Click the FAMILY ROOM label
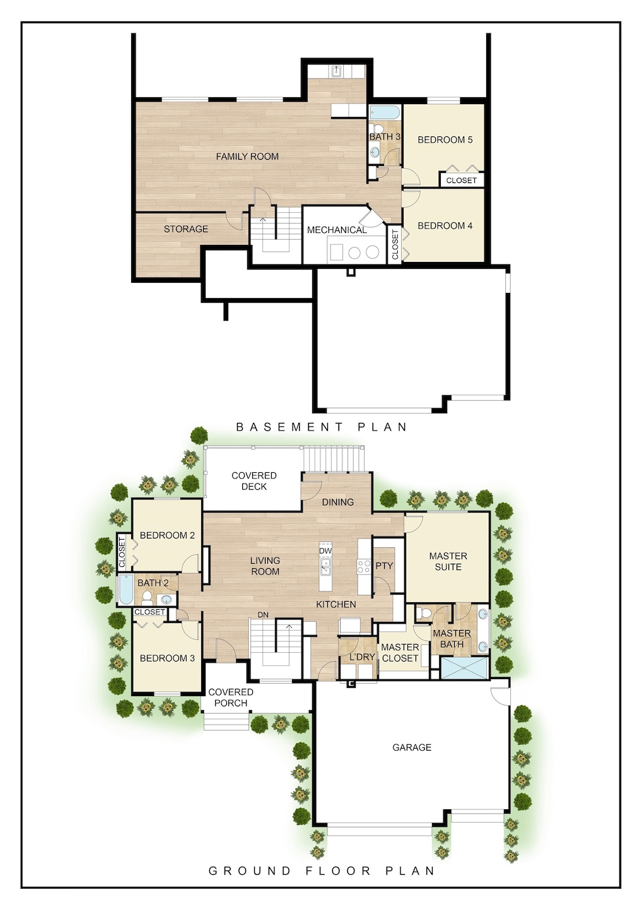247,157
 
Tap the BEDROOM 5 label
445,140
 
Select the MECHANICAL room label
336,230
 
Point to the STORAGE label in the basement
185,229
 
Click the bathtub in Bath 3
385,114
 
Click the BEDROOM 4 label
445,225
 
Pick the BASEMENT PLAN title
322,427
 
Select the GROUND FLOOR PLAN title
322,870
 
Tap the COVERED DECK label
254,481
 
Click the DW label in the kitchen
325,550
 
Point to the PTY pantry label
384,566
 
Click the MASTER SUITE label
448,561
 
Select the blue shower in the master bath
464,668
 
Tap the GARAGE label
412,747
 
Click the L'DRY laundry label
362,657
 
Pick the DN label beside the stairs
263,614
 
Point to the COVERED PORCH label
230,697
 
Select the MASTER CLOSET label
400,652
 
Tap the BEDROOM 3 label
167,658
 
